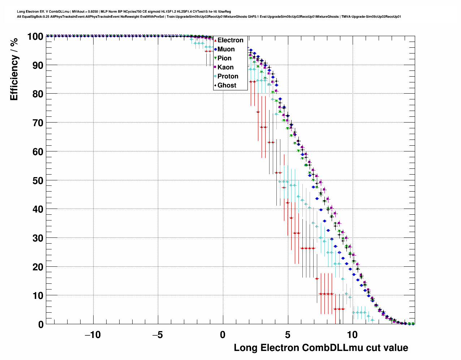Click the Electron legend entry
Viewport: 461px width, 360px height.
click(230, 40)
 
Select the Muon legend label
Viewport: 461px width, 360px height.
click(226, 49)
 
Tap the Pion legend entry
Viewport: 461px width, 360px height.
click(224, 58)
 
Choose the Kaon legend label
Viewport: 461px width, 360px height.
click(225, 67)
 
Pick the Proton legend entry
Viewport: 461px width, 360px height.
click(228, 76)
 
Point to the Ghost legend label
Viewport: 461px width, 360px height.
click(227, 85)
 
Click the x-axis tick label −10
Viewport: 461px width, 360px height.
click(92, 335)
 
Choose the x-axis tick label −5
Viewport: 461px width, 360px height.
click(157, 335)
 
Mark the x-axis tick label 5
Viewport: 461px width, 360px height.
click(288, 335)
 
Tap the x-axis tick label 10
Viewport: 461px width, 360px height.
click(352, 335)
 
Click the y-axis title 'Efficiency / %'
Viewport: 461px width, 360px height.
click(14, 69)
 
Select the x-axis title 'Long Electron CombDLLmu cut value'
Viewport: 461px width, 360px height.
click(321, 348)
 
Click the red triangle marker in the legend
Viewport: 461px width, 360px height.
click(215, 40)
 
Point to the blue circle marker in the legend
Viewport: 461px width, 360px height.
click(215, 49)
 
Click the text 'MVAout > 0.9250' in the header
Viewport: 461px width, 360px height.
click(85, 12)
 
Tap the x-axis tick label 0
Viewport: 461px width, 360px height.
click(223, 335)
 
